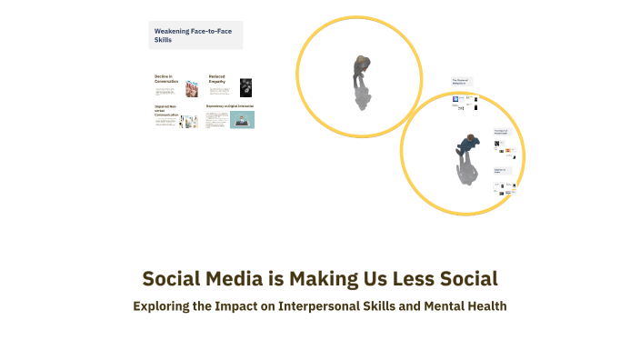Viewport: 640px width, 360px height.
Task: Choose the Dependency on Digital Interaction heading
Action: [230, 106]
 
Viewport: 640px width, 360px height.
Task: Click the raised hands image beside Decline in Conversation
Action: [192, 88]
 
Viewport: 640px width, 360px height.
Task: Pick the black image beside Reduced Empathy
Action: [245, 87]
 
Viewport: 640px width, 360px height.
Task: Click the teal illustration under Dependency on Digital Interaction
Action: [242, 120]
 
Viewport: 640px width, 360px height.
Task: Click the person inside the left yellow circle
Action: [361, 66]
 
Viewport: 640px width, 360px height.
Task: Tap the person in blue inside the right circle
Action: [467, 145]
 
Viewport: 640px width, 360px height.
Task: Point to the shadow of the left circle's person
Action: [362, 95]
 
